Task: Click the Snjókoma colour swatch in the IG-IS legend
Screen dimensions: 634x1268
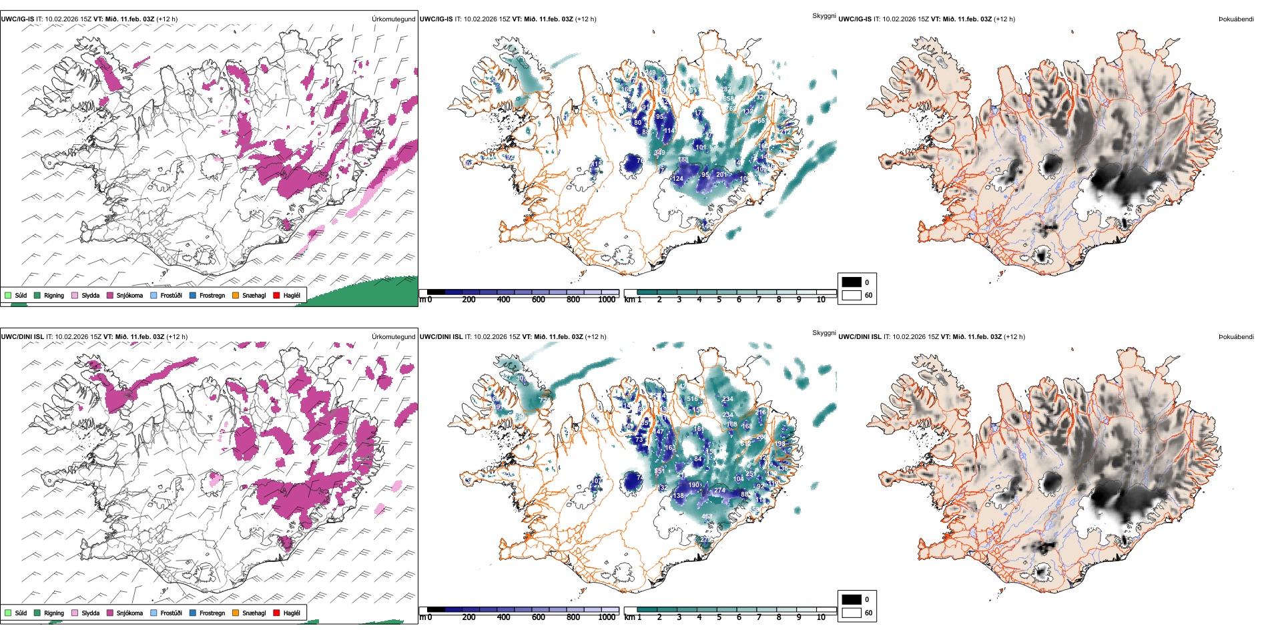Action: click(x=109, y=295)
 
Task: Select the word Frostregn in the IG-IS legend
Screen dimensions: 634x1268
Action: click(x=212, y=295)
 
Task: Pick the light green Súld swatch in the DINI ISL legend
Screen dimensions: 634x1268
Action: click(x=8, y=613)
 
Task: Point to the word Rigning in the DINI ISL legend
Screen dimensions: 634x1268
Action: click(x=54, y=613)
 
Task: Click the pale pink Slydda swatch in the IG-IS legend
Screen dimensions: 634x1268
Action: click(x=75, y=295)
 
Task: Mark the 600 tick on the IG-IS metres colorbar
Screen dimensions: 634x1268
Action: click(x=539, y=300)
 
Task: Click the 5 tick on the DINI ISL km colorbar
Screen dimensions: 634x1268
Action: click(x=719, y=617)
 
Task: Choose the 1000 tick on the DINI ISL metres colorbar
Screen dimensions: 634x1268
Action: click(x=607, y=617)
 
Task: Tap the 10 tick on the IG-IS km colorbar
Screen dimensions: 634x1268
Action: click(x=821, y=300)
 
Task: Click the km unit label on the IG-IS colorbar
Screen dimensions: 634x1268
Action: click(x=629, y=300)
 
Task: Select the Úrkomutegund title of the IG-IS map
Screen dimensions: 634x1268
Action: click(x=393, y=19)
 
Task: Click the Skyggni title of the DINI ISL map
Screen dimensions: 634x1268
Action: click(x=824, y=332)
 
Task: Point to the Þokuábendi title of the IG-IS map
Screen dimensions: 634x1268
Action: click(x=1236, y=19)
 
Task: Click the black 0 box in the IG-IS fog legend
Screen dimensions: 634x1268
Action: click(x=852, y=282)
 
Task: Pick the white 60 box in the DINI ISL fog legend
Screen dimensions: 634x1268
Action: click(x=852, y=613)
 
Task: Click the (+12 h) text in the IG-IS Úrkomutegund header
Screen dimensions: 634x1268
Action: click(x=167, y=19)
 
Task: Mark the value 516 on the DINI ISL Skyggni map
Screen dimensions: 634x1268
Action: click(x=693, y=399)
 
